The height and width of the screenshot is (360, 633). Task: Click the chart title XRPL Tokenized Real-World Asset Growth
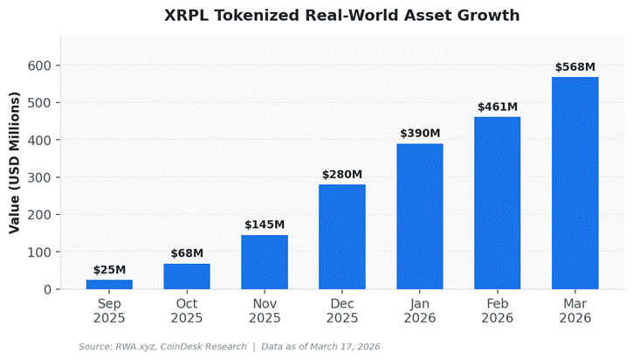(x=341, y=16)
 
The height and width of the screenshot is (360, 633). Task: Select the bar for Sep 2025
(x=109, y=284)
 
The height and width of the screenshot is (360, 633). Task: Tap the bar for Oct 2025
(x=187, y=276)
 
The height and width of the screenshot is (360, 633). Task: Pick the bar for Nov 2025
(x=265, y=262)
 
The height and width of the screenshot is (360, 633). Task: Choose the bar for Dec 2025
(x=342, y=237)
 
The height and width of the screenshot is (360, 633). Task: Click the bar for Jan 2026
(x=420, y=217)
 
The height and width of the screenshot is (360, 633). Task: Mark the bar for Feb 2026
(x=498, y=203)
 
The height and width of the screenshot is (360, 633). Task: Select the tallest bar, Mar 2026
(x=575, y=183)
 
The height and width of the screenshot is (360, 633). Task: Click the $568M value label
(x=575, y=67)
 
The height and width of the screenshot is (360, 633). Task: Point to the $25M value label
(x=109, y=270)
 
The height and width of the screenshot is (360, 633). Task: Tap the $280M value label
(x=342, y=175)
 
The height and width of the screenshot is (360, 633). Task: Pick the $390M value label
(x=420, y=134)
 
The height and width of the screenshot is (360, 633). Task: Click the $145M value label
(x=265, y=225)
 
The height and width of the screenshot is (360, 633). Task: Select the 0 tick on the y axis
(x=48, y=289)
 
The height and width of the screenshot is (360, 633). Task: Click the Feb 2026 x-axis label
(x=498, y=311)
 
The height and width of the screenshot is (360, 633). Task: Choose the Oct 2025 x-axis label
(x=187, y=311)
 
